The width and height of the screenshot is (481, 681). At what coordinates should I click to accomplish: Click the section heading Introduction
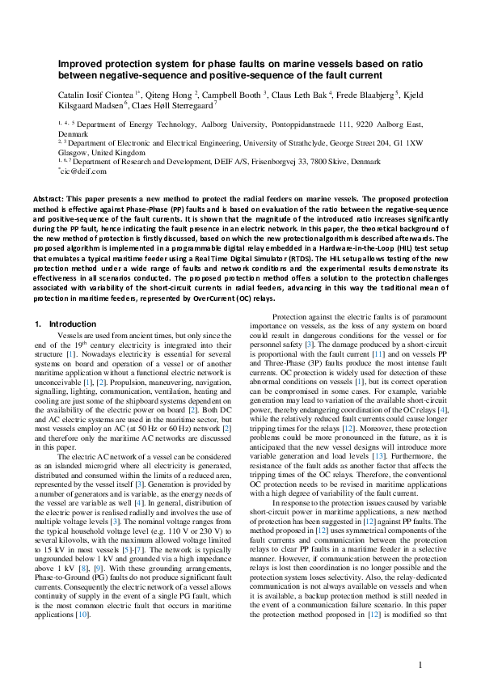tap(72, 324)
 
